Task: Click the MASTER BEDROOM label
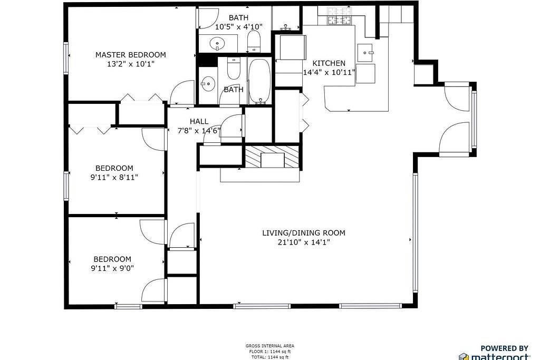131,55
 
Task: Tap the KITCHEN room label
329,63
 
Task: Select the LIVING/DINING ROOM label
304,233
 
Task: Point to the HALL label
199,121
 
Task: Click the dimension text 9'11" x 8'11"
114,177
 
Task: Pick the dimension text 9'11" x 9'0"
112,268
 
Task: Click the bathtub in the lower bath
260,81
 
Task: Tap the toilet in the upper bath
254,41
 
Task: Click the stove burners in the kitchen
340,21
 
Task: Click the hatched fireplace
272,157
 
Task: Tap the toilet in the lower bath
234,69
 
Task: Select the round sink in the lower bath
208,84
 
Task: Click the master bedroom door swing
183,93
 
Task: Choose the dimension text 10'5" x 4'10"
239,27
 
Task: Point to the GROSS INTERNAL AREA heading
269,346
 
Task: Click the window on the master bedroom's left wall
65,58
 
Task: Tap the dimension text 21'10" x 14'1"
304,242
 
